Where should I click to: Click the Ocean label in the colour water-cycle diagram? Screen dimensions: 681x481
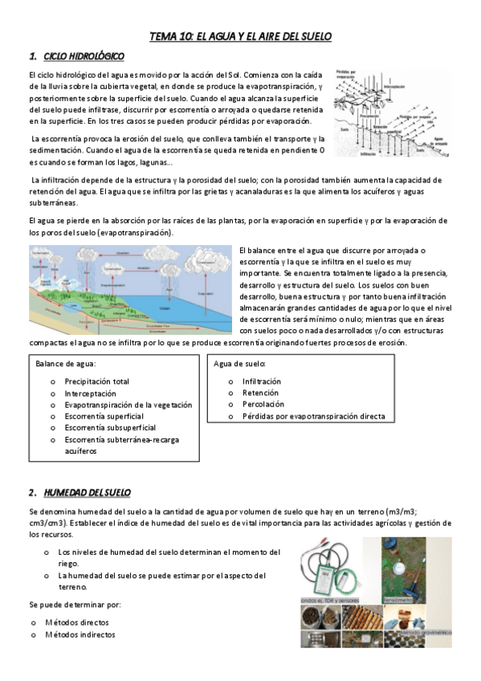(x=164, y=308)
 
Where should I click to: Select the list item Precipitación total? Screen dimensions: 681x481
(x=96, y=381)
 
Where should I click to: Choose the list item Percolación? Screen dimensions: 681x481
(x=263, y=405)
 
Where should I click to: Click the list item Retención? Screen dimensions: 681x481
(x=260, y=393)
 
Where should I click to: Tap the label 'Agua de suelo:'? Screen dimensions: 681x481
(x=239, y=363)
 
